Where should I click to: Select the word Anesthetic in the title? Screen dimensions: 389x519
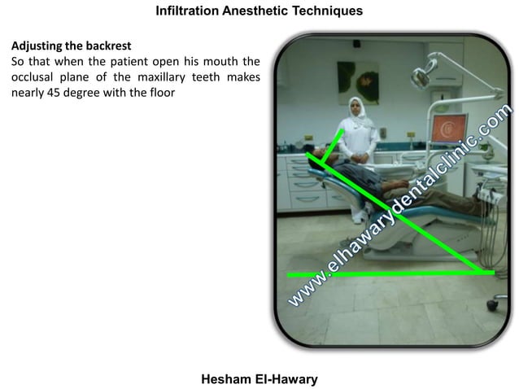point(254,11)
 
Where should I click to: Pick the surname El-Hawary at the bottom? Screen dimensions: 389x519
point(286,379)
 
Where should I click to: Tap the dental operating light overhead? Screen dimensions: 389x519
point(422,76)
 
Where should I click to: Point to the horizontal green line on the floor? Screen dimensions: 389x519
point(382,274)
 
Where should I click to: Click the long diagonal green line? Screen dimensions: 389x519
point(399,212)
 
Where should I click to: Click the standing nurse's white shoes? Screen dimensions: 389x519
point(358,216)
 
